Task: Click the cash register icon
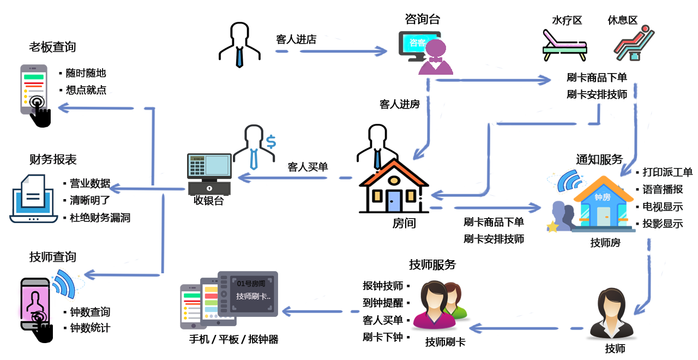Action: (209, 173)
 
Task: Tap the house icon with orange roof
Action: (394, 187)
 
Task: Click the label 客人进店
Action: (296, 40)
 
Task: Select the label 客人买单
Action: (308, 167)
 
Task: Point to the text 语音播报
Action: (663, 189)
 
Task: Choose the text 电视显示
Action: (663, 207)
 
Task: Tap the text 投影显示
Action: (663, 223)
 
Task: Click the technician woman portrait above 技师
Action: (611, 314)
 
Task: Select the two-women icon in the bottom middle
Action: (440, 305)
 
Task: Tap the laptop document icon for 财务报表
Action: (34, 199)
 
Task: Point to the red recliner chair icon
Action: (633, 43)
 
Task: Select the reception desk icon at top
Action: (425, 52)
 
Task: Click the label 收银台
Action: (208, 201)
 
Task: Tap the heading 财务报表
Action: (53, 160)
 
